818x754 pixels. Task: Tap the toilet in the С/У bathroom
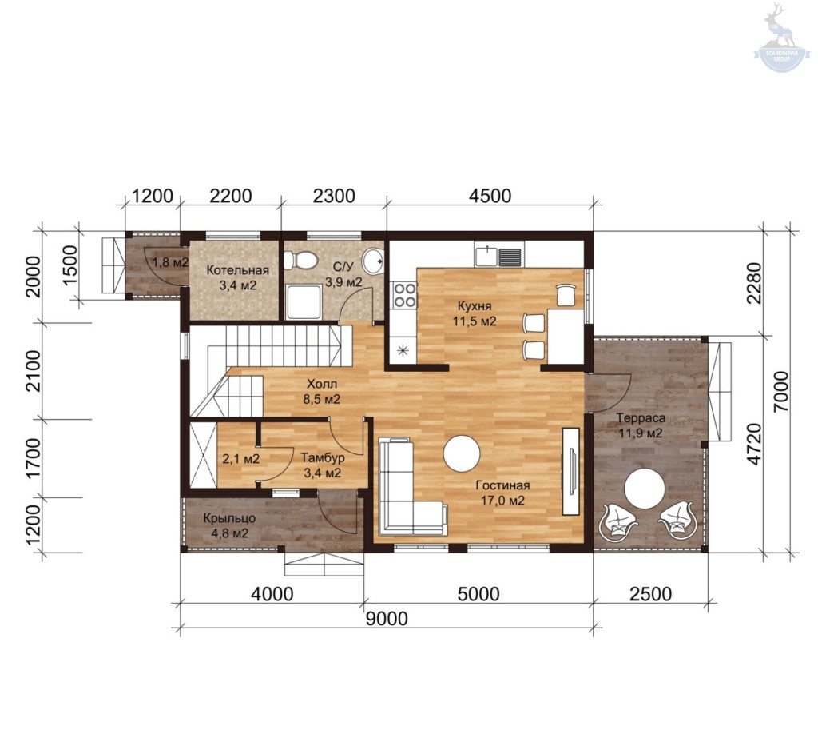[301, 260]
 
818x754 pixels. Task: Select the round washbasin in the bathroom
[373, 261]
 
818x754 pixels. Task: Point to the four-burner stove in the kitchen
[404, 295]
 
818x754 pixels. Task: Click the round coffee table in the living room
[462, 453]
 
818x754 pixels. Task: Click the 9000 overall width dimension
[387, 619]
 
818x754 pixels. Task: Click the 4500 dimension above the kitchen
[490, 196]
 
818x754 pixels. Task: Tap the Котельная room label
[238, 270]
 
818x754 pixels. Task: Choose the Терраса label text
[641, 417]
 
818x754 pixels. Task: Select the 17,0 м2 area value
[502, 501]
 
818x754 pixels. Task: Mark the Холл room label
[322, 384]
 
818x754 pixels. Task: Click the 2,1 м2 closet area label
[241, 459]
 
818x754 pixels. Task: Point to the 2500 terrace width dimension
[650, 594]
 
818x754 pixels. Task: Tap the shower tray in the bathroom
[304, 301]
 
